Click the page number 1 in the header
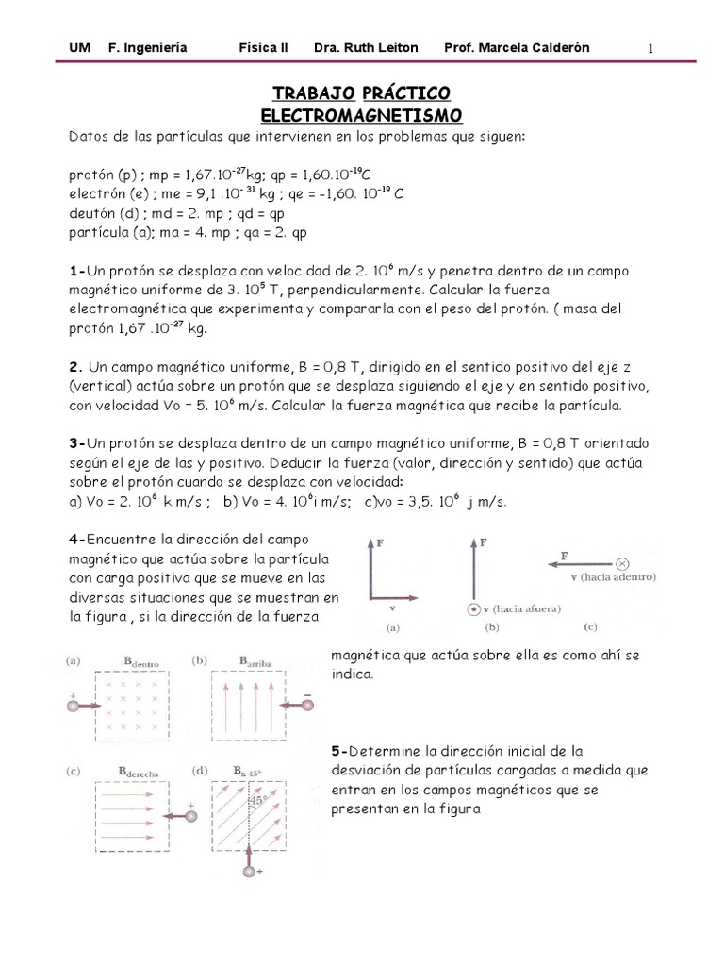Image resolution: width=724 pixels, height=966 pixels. click(650, 48)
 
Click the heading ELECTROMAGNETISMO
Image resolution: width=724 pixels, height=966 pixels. click(361, 115)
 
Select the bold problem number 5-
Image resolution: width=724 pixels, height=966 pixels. click(340, 751)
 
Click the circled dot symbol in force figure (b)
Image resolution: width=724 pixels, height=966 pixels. click(471, 610)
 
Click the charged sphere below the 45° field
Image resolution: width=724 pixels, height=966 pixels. click(250, 873)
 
